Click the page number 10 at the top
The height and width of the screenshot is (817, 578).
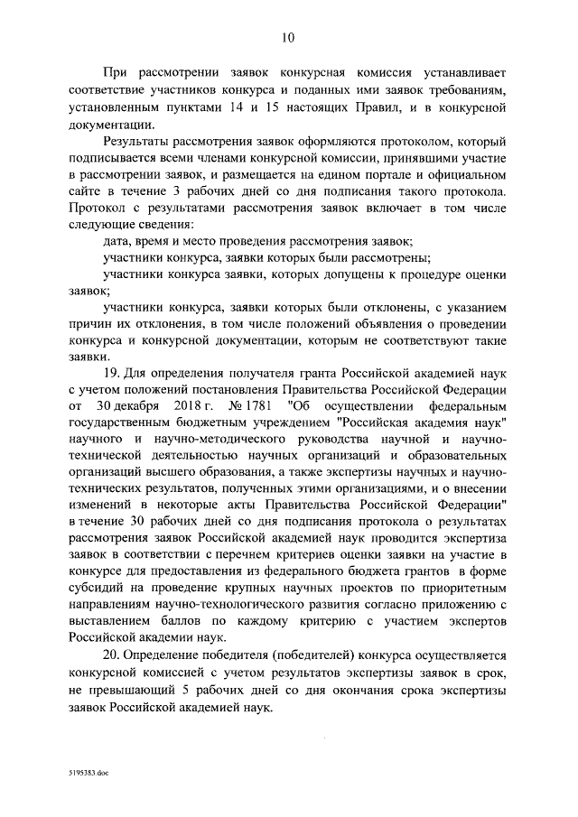[288, 37]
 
